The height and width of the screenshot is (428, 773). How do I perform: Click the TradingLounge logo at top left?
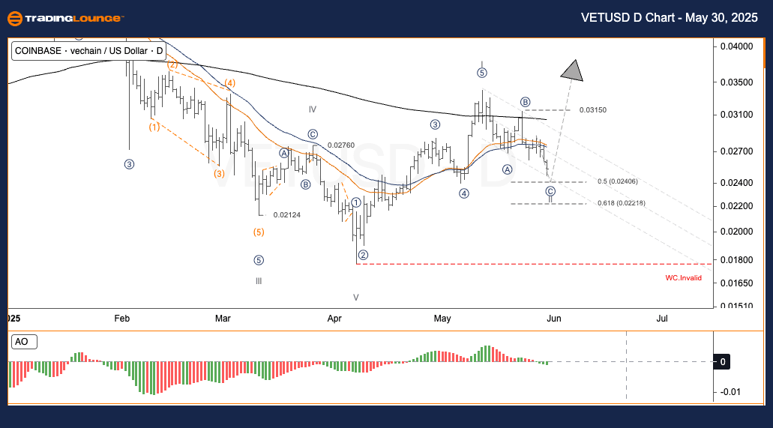(x=65, y=19)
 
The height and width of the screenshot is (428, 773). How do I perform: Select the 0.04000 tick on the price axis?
(x=736, y=46)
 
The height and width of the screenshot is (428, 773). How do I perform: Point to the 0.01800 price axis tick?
(x=736, y=259)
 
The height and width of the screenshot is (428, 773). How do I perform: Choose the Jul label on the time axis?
(x=662, y=319)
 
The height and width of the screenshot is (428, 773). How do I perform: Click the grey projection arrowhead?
(x=573, y=70)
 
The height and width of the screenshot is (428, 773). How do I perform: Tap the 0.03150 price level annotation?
(x=592, y=110)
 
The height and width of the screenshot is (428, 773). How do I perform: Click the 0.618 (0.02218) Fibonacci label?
(x=622, y=203)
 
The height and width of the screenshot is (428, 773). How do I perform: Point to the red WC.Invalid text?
(x=683, y=278)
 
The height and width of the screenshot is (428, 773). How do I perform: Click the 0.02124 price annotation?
(x=287, y=215)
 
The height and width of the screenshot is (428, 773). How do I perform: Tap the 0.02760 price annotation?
(x=340, y=145)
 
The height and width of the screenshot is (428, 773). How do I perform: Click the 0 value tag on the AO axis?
(x=722, y=362)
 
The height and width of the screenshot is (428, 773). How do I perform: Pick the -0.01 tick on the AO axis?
(x=730, y=392)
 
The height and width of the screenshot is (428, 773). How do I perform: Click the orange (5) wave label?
(x=258, y=232)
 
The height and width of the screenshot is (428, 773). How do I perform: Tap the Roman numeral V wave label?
(x=356, y=297)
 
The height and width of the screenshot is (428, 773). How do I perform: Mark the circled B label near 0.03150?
(x=526, y=102)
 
